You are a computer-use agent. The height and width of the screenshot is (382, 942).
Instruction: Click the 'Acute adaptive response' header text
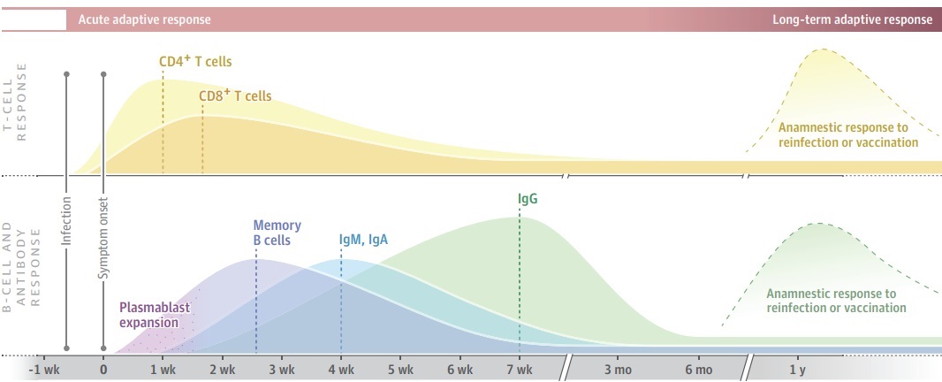[144, 19]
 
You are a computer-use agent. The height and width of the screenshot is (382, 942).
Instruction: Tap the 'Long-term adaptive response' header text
[852, 19]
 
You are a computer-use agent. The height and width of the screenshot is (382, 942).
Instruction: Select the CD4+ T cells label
[201, 61]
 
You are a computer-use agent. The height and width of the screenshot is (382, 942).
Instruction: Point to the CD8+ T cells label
[235, 95]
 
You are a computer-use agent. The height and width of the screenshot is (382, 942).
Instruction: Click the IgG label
[528, 199]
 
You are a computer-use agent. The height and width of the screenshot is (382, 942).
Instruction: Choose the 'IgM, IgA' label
[363, 240]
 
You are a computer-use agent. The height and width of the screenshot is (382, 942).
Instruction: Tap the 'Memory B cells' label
[277, 233]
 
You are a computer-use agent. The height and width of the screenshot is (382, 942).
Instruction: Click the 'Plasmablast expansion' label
[155, 315]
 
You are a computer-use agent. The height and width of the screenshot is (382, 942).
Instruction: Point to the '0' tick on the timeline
[104, 369]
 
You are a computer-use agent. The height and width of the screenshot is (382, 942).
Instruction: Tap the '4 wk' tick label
[341, 369]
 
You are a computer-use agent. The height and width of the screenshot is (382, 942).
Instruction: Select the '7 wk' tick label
[520, 369]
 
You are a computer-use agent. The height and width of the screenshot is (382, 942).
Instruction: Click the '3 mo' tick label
[618, 369]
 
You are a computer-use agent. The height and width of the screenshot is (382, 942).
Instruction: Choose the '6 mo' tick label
[697, 369]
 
